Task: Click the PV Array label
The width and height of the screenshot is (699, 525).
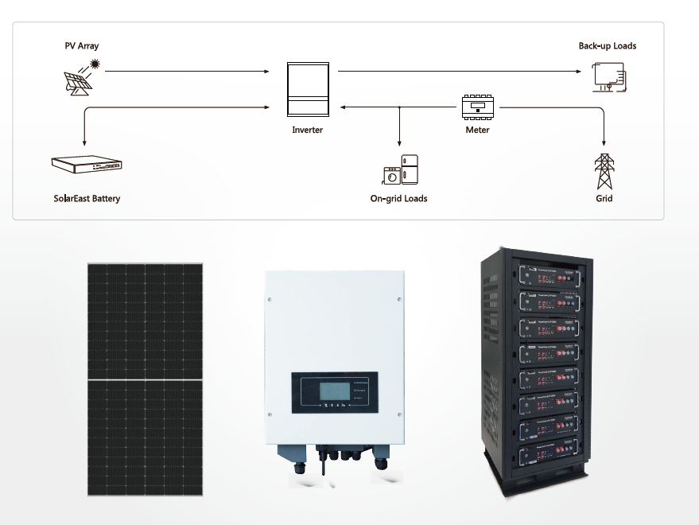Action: coord(82,46)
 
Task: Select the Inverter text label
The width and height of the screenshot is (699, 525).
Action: coord(307,130)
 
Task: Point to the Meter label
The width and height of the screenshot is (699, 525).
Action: coord(477,130)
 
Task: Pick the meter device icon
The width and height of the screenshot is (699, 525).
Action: coord(478,107)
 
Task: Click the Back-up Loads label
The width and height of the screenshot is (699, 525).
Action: coord(607,46)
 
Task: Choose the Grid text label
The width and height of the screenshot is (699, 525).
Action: coord(604,198)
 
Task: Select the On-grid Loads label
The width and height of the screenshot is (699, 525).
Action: coord(398,198)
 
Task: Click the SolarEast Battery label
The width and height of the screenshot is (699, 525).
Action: coord(87,198)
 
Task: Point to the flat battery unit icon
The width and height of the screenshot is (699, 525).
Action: coord(87,165)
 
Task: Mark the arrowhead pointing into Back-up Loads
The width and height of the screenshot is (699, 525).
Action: coord(580,72)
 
